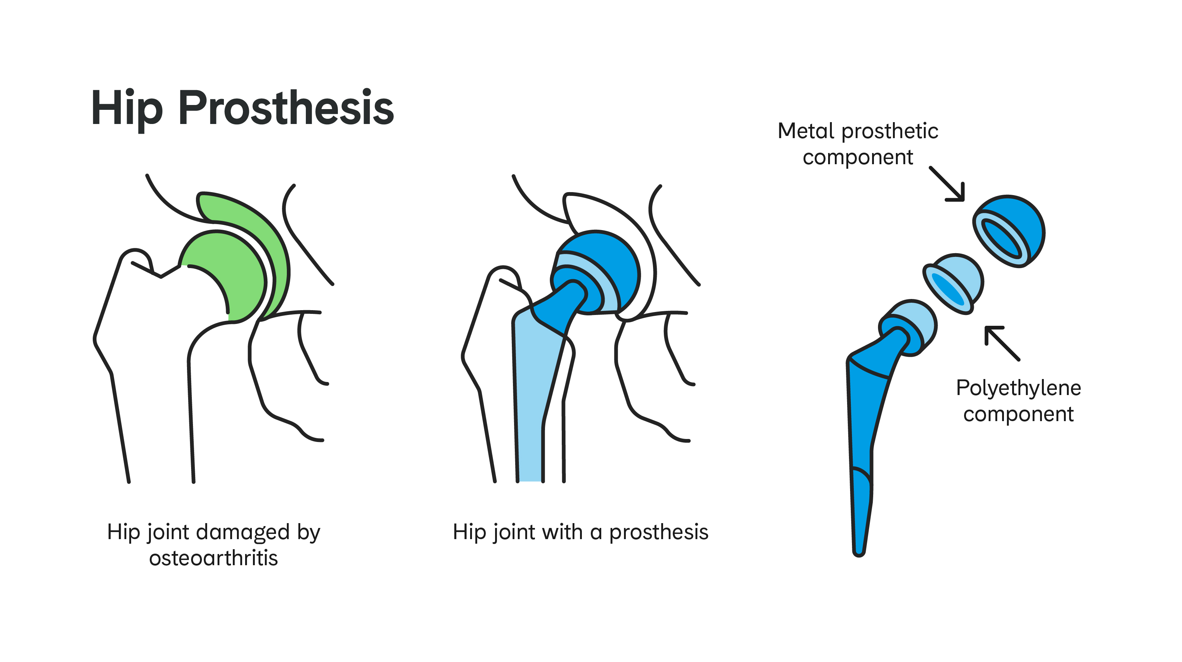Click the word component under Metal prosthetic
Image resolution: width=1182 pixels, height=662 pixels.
(858, 158)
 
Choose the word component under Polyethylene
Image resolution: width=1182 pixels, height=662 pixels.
(1018, 415)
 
